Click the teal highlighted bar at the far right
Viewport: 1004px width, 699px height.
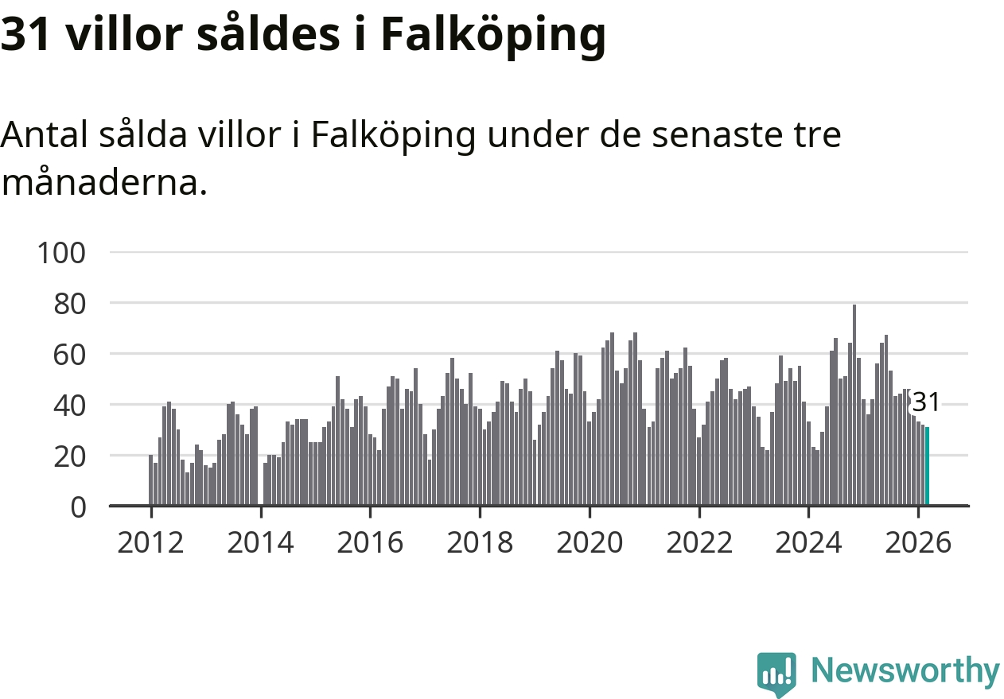pyautogui.click(x=927, y=466)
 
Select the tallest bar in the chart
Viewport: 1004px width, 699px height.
pyautogui.click(x=854, y=406)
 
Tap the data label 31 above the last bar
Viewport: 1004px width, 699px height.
pyautogui.click(x=925, y=402)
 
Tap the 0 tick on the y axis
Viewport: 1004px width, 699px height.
pyautogui.click(x=77, y=507)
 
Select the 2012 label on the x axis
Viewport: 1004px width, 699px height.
pyautogui.click(x=150, y=543)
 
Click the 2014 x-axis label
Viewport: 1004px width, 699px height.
pyautogui.click(x=260, y=543)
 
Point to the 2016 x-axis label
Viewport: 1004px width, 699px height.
pyautogui.click(x=370, y=543)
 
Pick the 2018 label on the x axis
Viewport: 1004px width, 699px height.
pyautogui.click(x=480, y=543)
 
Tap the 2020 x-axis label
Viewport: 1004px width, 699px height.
pyautogui.click(x=590, y=543)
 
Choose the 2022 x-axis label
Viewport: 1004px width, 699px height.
pyautogui.click(x=699, y=543)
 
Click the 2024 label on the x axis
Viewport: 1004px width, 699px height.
pyautogui.click(x=808, y=543)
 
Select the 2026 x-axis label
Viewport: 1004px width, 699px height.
pyautogui.click(x=918, y=543)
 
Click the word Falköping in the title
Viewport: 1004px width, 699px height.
pyautogui.click(x=492, y=36)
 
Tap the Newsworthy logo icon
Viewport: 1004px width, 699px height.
pyautogui.click(x=776, y=674)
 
